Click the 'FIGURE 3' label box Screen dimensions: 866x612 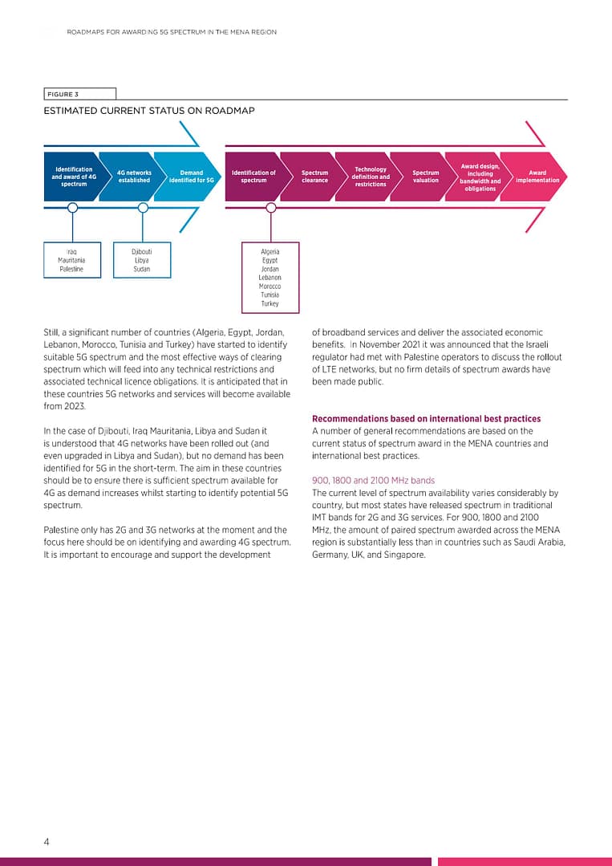click(x=79, y=94)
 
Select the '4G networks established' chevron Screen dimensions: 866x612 click(x=134, y=177)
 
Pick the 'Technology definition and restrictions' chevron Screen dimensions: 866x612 click(x=371, y=177)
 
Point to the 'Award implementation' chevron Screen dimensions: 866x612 click(x=537, y=177)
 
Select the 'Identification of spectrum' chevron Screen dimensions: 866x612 click(x=253, y=177)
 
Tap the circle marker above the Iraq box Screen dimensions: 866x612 click(x=73, y=207)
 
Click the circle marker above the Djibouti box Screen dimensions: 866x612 click(x=143, y=207)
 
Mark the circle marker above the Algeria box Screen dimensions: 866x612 click(x=271, y=207)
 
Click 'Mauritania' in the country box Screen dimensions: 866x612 click(x=72, y=260)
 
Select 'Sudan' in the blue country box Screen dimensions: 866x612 click(x=142, y=269)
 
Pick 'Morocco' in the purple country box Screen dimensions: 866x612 click(x=270, y=287)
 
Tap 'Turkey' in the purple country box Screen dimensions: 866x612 click(x=270, y=303)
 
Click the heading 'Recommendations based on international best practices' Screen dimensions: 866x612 click(x=426, y=419)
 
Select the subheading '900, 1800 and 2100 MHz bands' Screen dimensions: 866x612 click(x=373, y=481)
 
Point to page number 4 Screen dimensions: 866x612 click(x=47, y=842)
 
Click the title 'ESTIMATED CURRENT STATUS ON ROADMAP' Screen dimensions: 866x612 click(x=149, y=111)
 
